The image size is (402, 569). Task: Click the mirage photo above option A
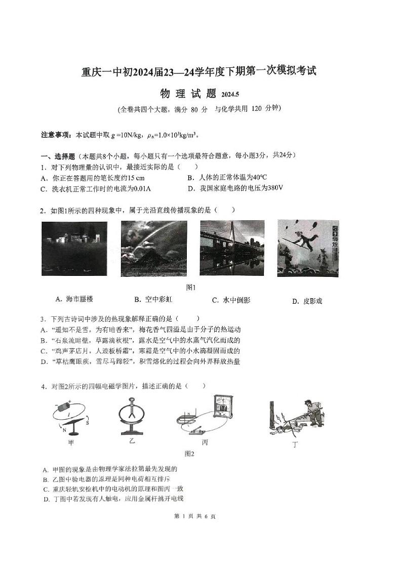74,249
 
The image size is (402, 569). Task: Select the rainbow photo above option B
153,249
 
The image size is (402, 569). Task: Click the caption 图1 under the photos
191,288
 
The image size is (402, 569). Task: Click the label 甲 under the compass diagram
72,442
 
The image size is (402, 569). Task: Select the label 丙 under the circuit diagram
205,442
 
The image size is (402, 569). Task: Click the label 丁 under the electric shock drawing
296,444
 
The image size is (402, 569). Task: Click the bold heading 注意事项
57,135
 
